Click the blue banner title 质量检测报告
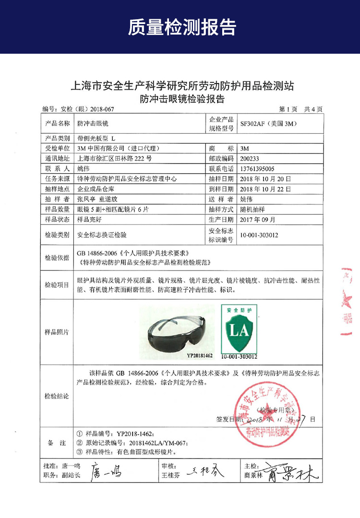tap(182, 27)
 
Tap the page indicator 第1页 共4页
tap(300, 109)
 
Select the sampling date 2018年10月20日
tap(265, 178)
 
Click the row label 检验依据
tap(57, 258)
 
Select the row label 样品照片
tap(57, 332)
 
